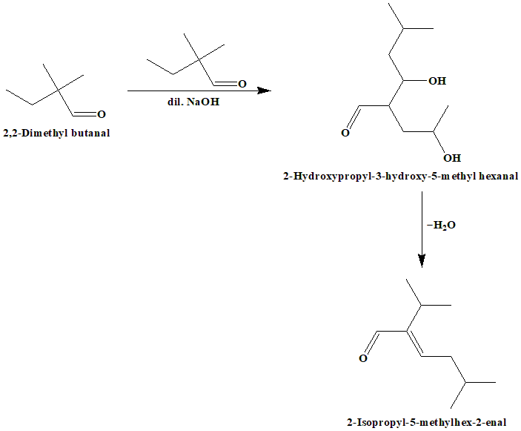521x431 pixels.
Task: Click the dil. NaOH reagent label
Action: pyautogui.click(x=193, y=102)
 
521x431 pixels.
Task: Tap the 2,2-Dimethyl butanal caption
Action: pyautogui.click(x=57, y=133)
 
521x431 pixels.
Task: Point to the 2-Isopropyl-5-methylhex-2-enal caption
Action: pyautogui.click(x=426, y=422)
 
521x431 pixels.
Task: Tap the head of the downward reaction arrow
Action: pyautogui.click(x=422, y=260)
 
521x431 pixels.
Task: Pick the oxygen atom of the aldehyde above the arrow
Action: pyautogui.click(x=242, y=83)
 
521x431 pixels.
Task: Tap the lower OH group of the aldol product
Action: pyautogui.click(x=451, y=158)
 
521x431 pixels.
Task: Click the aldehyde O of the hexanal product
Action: pyautogui.click(x=345, y=134)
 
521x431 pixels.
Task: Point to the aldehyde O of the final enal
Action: pyautogui.click(x=363, y=359)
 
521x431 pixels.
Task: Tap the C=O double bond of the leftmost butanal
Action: pyautogui.click(x=85, y=114)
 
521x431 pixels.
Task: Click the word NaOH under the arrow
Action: pyautogui.click(x=204, y=102)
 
